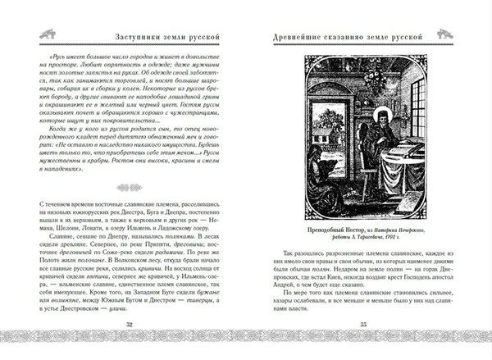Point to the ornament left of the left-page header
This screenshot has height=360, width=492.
[x=25, y=36]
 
